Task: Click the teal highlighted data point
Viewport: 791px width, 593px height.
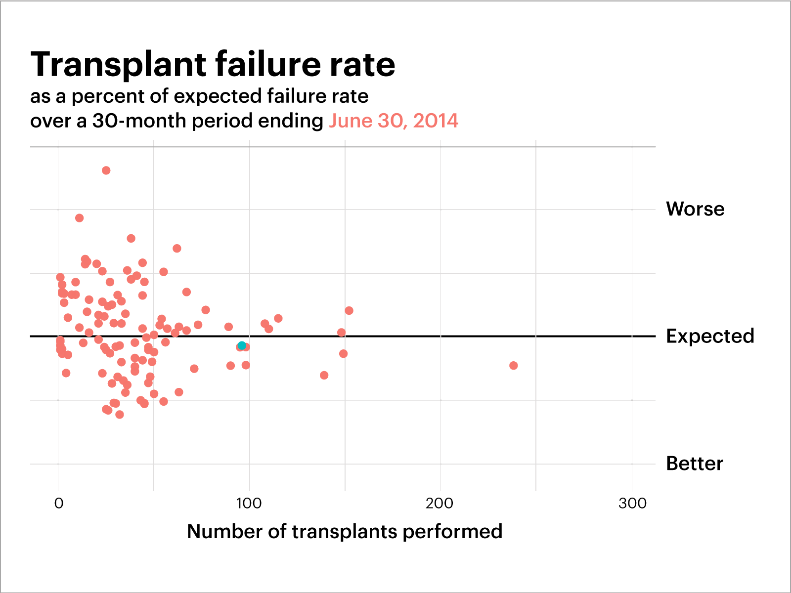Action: click(242, 345)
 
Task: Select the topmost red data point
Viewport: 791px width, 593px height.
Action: click(106, 170)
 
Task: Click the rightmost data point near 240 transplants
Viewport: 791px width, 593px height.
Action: click(513, 366)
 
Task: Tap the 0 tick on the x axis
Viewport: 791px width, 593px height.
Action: click(59, 504)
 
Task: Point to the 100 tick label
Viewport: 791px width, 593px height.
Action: click(249, 504)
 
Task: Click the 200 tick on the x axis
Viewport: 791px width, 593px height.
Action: click(439, 504)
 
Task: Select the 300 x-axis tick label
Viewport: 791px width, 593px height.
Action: click(632, 504)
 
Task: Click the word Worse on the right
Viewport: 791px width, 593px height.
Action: click(695, 209)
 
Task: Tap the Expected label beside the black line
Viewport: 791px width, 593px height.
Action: click(709, 336)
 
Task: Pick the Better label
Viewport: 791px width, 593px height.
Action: click(694, 464)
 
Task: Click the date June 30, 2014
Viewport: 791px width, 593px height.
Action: click(394, 121)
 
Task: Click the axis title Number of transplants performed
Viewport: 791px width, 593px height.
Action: click(345, 532)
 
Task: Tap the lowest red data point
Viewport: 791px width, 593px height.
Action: click(120, 415)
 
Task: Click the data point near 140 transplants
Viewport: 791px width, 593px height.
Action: click(324, 376)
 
